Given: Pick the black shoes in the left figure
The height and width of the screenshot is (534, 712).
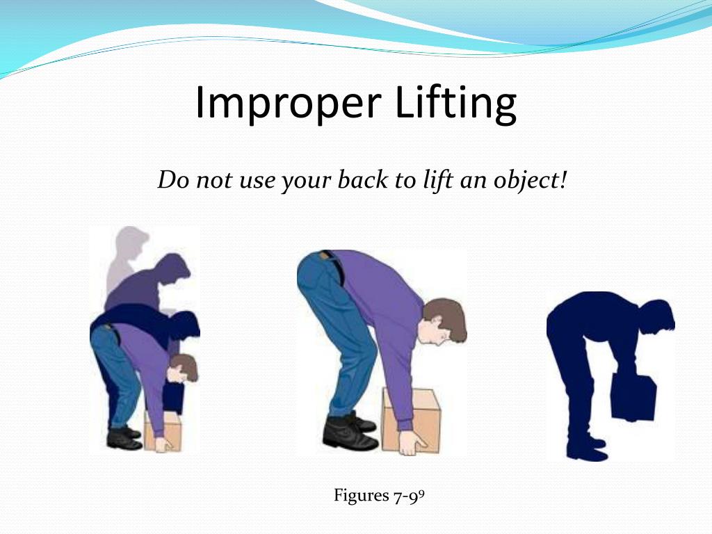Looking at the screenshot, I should (124, 437).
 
